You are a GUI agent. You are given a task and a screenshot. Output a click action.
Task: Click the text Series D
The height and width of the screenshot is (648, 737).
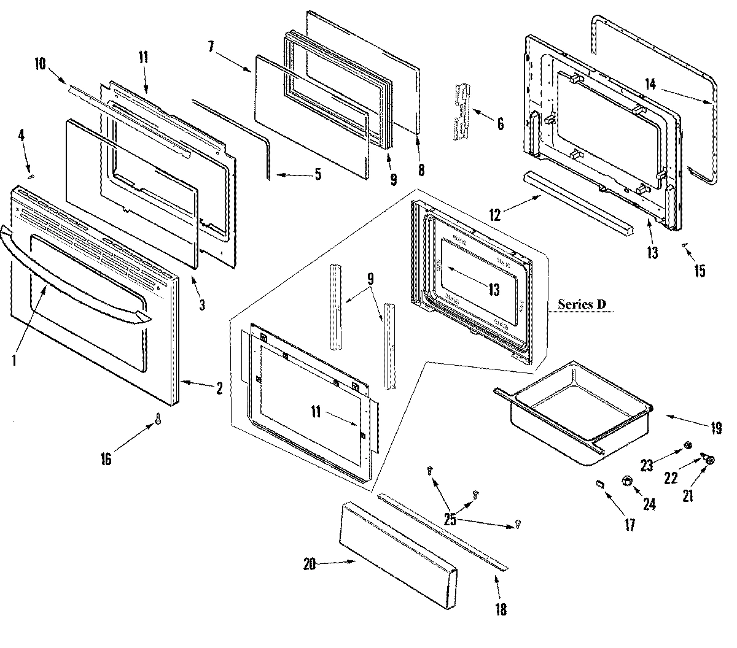(x=582, y=304)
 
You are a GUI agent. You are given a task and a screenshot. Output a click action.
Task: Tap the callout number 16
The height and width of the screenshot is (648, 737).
(x=106, y=458)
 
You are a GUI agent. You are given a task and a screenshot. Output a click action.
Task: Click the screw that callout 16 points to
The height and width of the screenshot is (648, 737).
(x=158, y=419)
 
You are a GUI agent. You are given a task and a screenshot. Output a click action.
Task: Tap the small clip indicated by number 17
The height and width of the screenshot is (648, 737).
(x=600, y=484)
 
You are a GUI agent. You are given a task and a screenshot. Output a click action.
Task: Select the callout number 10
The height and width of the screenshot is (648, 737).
(x=40, y=64)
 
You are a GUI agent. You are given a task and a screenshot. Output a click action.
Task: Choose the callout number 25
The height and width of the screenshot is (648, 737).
(x=450, y=520)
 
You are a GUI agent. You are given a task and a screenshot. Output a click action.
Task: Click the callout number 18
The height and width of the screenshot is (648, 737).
(x=501, y=610)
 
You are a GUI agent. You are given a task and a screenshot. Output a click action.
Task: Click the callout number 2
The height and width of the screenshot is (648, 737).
(x=218, y=388)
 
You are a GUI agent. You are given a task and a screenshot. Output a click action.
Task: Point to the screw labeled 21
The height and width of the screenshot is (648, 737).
(x=711, y=460)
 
